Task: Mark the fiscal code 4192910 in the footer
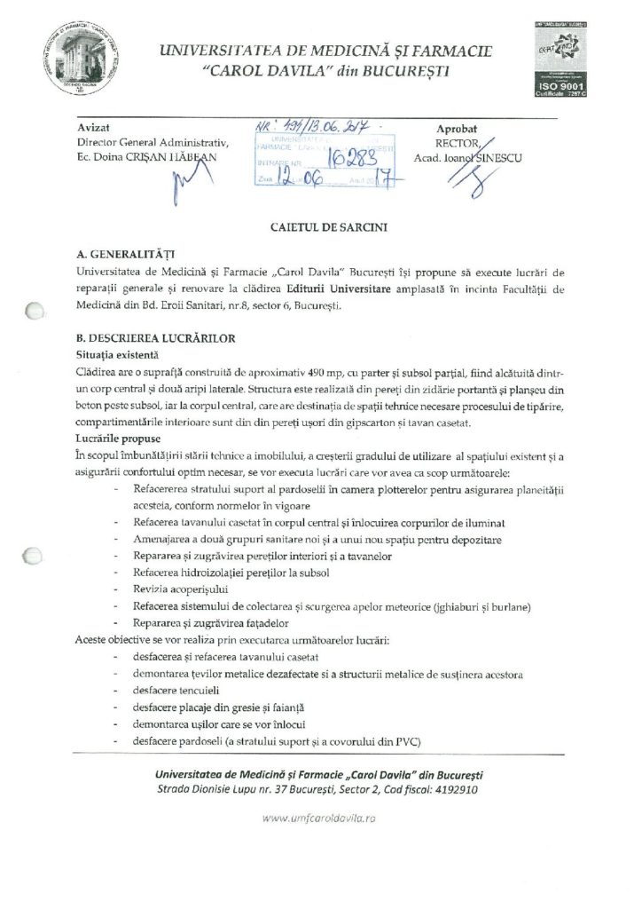452,787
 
